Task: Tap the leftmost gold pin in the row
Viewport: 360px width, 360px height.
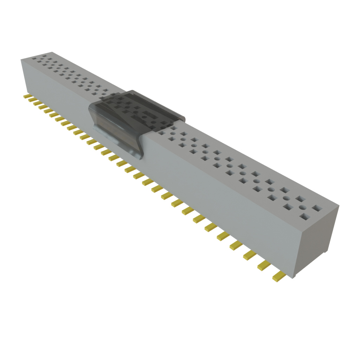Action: click(27, 96)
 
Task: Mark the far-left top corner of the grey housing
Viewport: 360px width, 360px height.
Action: click(21, 60)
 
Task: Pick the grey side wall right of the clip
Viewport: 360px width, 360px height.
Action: click(218, 197)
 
